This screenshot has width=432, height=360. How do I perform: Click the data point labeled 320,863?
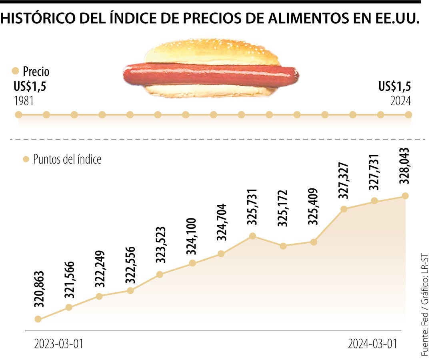(x=38, y=319)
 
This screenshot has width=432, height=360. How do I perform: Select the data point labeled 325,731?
(x=252, y=236)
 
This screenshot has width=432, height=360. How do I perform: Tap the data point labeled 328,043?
(x=405, y=196)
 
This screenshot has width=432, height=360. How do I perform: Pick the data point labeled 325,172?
(x=283, y=246)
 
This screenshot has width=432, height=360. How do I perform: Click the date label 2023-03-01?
(x=59, y=344)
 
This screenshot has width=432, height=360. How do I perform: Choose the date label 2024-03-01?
(x=373, y=344)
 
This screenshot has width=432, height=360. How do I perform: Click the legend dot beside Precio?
(x=16, y=71)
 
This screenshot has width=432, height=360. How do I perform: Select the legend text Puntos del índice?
(x=67, y=159)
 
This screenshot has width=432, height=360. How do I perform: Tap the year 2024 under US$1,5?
(x=401, y=101)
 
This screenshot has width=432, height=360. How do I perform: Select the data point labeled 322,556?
(x=130, y=290)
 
